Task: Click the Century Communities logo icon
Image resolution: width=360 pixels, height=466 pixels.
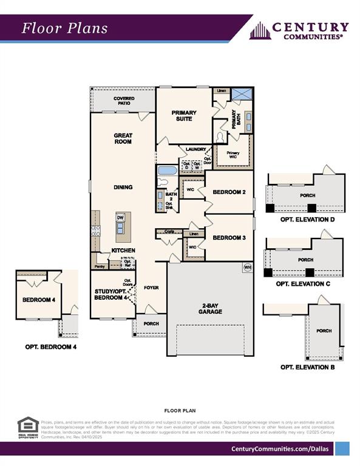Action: click(x=259, y=30)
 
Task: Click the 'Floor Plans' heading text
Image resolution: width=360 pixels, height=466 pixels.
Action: click(x=65, y=28)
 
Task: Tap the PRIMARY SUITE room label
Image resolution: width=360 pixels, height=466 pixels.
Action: click(x=184, y=116)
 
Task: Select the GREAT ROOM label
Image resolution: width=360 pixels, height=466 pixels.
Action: click(x=123, y=138)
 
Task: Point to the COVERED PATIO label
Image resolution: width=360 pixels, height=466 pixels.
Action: click(x=124, y=101)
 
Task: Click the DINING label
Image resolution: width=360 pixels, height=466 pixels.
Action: click(x=123, y=187)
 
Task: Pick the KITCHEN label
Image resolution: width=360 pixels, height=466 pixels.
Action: click(x=123, y=250)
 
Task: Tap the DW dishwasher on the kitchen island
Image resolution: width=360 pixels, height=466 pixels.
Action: click(x=120, y=217)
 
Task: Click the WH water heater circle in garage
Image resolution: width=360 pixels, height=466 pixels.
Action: click(x=247, y=267)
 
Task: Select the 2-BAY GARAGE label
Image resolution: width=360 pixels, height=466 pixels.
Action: click(x=209, y=308)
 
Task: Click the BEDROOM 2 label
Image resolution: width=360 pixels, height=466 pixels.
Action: click(x=229, y=192)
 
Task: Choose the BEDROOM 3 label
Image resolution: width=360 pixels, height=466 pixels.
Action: click(x=229, y=238)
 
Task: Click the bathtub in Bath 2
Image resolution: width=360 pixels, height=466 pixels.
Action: click(x=167, y=171)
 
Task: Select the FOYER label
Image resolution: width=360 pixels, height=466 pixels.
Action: click(x=151, y=287)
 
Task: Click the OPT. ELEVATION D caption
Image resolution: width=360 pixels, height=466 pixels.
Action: click(x=307, y=219)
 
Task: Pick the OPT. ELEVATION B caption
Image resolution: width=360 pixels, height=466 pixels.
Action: click(x=307, y=367)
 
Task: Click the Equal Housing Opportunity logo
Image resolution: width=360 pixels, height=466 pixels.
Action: click(x=28, y=427)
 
